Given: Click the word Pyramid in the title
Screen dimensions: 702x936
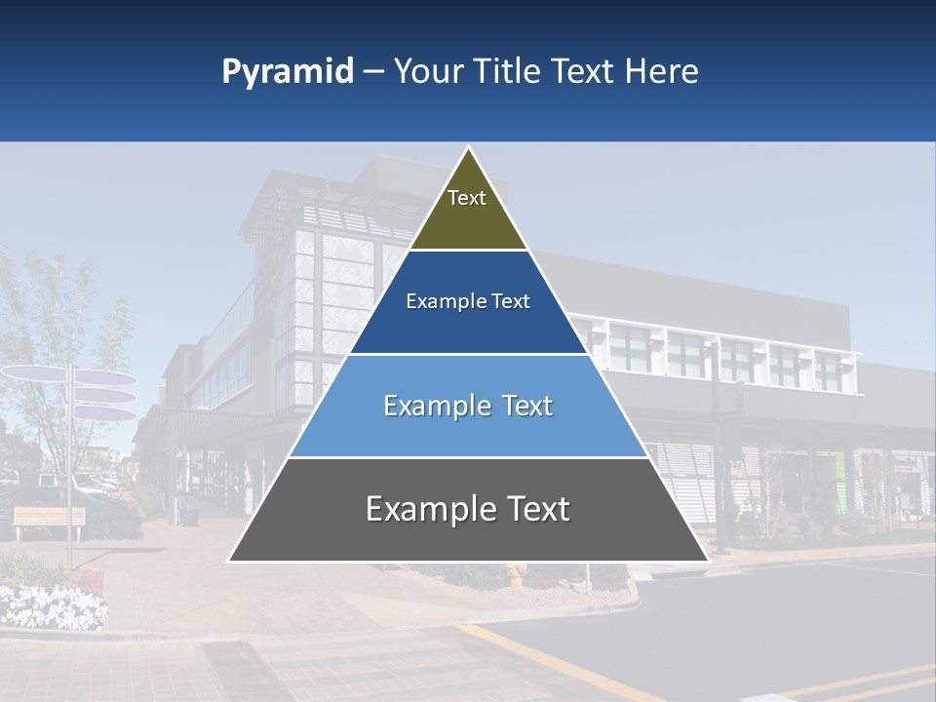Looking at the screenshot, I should click(x=287, y=72).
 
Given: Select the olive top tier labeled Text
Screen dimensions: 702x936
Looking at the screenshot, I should click(x=467, y=210).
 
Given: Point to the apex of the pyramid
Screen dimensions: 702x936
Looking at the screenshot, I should click(x=468, y=148).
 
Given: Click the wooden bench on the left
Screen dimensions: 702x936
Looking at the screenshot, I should click(x=49, y=520).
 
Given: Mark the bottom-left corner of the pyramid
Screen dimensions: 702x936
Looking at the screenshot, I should click(x=229, y=561).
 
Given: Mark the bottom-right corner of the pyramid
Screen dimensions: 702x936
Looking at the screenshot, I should click(x=708, y=561).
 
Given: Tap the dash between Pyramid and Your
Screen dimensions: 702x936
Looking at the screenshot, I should click(x=373, y=72).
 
